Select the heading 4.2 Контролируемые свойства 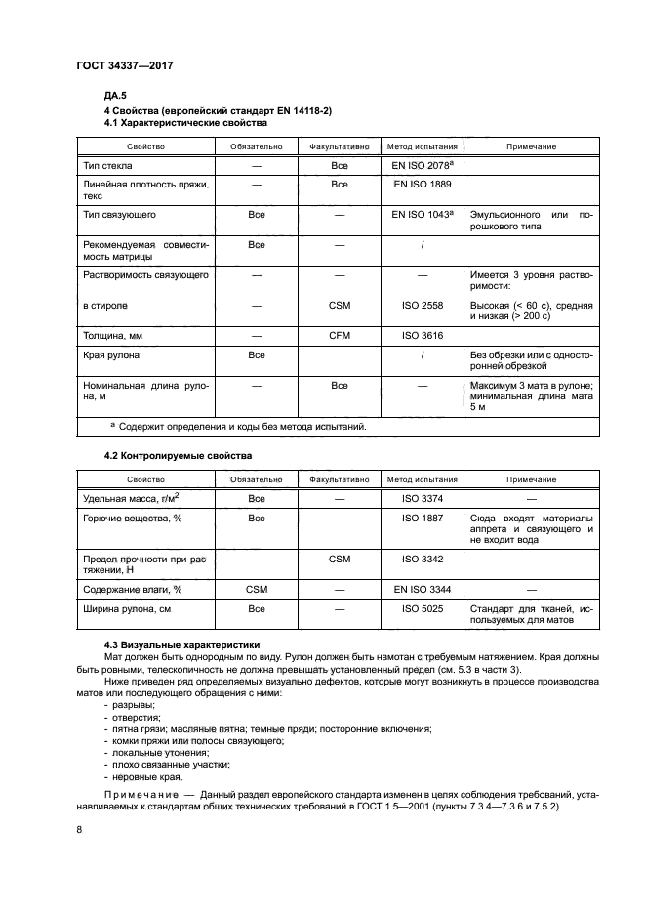coord(178,456)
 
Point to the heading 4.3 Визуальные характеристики coord(182,644)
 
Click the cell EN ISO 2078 coord(423,167)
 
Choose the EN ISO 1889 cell coord(422,184)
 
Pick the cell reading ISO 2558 coord(422,305)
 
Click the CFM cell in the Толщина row coord(340,335)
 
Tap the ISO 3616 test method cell coord(422,335)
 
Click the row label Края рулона coord(110,355)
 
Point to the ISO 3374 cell coord(422,499)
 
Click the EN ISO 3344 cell coord(422,590)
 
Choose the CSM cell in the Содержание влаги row coord(257,590)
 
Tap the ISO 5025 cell coord(422,609)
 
